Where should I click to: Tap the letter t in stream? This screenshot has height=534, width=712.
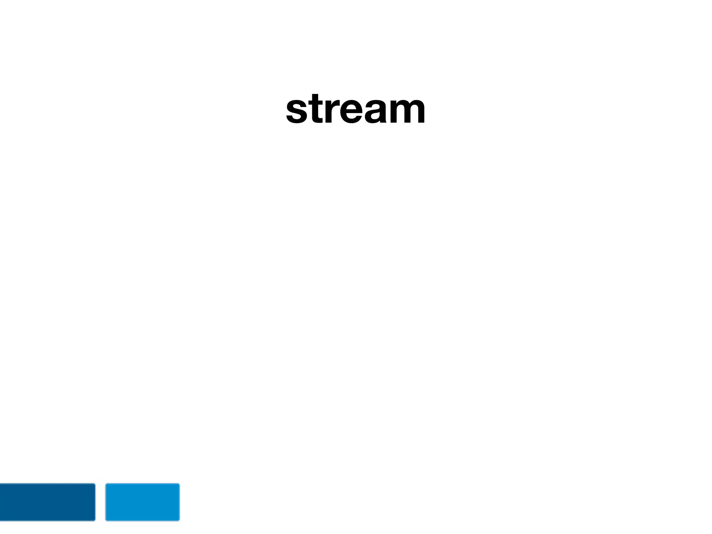pos(317,108)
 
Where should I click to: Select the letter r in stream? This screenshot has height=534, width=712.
pos(331,111)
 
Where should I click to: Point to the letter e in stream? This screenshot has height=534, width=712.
pos(351,111)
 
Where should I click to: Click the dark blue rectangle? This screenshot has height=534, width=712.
pos(47,502)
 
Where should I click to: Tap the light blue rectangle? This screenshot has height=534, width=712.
pos(143,502)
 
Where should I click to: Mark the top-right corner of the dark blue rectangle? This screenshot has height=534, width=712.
pos(95,484)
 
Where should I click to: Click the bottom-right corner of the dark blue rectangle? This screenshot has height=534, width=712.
pos(95,520)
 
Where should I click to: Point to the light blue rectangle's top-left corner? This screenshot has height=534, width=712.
pos(106,484)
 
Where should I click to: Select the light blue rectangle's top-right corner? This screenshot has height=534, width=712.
pos(179,484)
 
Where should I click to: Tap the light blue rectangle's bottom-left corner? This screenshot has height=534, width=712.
pos(106,520)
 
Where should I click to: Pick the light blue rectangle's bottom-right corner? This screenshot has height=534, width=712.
pos(179,520)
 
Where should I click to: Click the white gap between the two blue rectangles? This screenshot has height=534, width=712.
pos(100,502)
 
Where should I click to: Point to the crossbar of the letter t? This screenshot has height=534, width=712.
pos(317,102)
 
